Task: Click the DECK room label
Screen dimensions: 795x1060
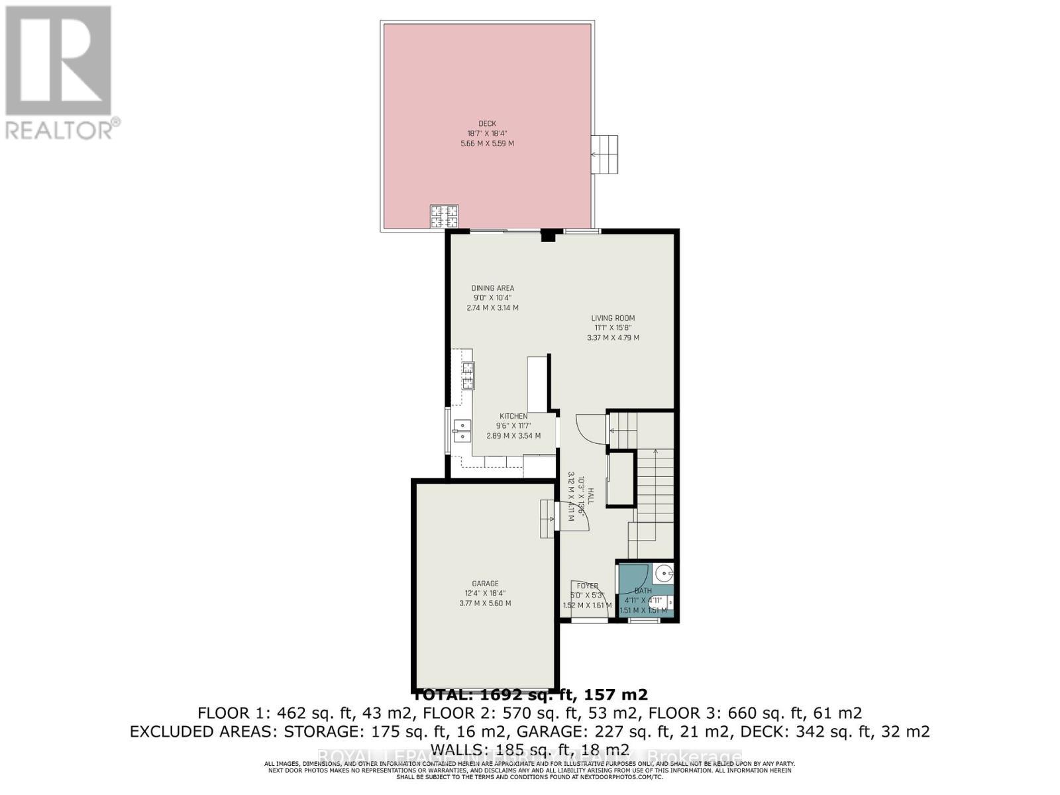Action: (x=487, y=123)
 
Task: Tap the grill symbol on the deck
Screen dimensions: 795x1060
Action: (x=444, y=216)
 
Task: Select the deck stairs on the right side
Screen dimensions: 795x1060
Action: (x=604, y=154)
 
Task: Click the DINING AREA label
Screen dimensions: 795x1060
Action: (x=492, y=288)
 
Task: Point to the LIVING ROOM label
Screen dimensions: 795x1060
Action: (x=613, y=318)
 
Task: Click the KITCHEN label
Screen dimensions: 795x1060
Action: (x=513, y=416)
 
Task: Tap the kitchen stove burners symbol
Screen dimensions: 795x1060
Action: (x=468, y=376)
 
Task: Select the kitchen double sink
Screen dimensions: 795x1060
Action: (x=461, y=431)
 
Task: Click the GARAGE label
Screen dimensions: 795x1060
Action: (x=486, y=584)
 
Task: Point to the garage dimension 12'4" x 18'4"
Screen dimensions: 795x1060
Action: (x=485, y=594)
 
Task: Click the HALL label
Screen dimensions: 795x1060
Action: (x=590, y=498)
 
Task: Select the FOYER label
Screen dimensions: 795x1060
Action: (x=587, y=586)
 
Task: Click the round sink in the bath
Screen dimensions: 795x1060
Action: (x=663, y=572)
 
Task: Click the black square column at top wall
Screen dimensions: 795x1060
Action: (x=548, y=235)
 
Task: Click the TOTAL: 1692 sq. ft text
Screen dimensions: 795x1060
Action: (x=530, y=694)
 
